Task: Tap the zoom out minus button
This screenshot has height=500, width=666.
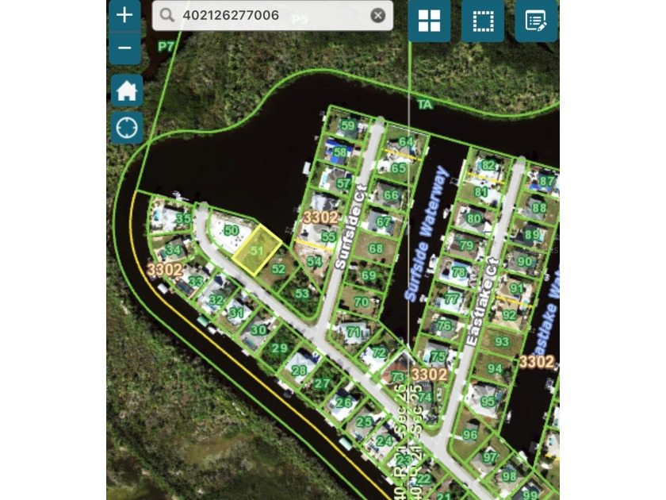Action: [x=125, y=48]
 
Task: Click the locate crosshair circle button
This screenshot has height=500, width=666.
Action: [x=126, y=126]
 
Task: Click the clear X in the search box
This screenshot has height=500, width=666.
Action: [x=378, y=15]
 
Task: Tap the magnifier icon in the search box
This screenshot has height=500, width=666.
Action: [x=166, y=15]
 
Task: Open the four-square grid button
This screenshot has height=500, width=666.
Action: [x=429, y=21]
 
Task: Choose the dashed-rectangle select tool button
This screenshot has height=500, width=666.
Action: [x=482, y=21]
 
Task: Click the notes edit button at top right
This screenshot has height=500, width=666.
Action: [x=535, y=21]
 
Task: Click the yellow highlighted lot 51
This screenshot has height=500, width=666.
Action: [x=256, y=250]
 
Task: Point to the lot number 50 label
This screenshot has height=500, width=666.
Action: [x=231, y=230]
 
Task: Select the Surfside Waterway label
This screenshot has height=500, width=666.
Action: [x=427, y=235]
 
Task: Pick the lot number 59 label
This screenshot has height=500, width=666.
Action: [x=347, y=125]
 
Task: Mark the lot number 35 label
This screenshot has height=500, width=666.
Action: [x=182, y=218]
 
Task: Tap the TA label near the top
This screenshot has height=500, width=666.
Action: [x=425, y=104]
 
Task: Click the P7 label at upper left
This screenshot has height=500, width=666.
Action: [x=166, y=47]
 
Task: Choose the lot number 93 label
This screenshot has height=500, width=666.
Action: [x=501, y=341]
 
